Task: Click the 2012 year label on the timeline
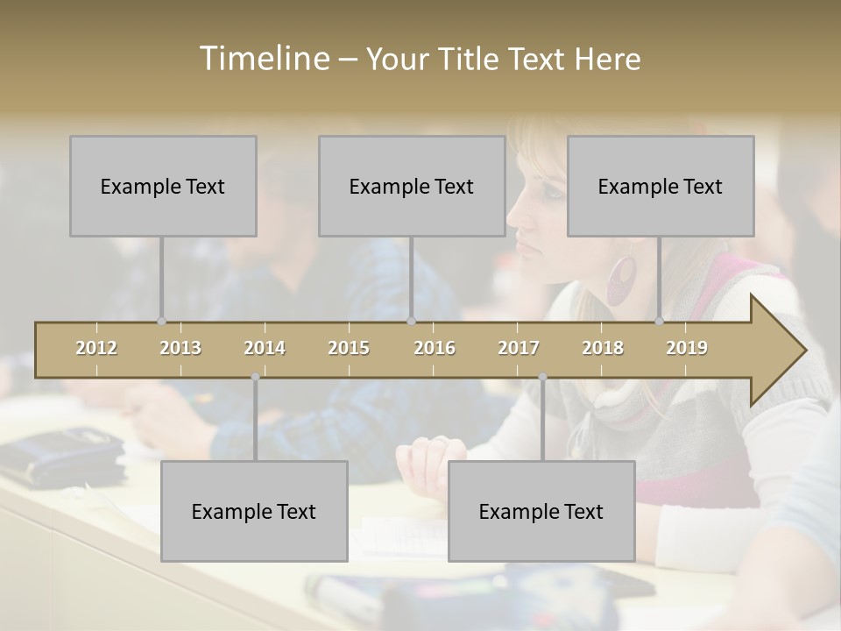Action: click(x=96, y=348)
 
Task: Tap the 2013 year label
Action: click(x=180, y=348)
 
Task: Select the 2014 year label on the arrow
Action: click(x=265, y=348)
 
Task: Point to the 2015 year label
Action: click(x=349, y=348)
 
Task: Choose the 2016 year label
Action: click(x=435, y=348)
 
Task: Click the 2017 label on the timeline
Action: click(x=519, y=348)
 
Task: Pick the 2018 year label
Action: click(x=603, y=348)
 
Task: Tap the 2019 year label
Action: click(x=687, y=348)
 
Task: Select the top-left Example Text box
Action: click(x=163, y=186)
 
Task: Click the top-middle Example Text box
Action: click(x=412, y=186)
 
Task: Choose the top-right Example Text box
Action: click(x=661, y=186)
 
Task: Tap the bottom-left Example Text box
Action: click(x=254, y=511)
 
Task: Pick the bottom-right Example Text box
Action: click(x=541, y=511)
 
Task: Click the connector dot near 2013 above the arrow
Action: click(x=161, y=322)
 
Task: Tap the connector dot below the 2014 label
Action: click(x=255, y=377)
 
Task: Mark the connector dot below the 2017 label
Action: click(x=542, y=377)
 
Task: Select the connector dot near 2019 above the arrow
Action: click(x=660, y=322)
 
